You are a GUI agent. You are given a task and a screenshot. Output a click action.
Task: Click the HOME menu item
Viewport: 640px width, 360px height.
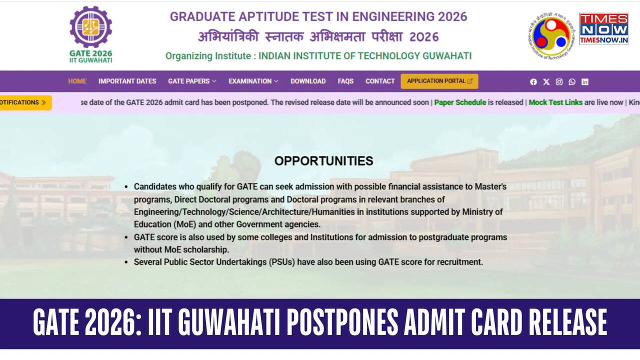(77, 81)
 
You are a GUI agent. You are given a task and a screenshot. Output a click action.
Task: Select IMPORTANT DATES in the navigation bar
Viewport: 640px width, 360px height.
(127, 81)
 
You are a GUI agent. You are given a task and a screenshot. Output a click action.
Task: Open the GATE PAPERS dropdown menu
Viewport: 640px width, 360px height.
(192, 81)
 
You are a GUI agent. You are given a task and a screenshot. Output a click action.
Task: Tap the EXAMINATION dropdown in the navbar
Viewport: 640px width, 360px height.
(253, 81)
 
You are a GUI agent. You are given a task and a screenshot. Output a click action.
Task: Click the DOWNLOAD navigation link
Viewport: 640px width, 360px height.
(308, 81)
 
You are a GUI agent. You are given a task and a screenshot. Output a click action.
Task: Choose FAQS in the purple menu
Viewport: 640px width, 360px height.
(345, 81)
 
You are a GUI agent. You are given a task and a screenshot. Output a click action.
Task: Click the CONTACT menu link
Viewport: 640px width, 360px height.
(380, 81)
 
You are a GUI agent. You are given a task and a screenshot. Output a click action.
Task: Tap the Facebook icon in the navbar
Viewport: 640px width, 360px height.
(533, 82)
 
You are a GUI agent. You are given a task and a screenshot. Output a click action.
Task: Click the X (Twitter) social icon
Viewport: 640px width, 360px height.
(546, 82)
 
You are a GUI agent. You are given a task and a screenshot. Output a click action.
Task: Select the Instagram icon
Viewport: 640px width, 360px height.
(559, 82)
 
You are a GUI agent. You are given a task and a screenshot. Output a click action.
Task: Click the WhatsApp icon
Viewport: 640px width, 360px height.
(572, 82)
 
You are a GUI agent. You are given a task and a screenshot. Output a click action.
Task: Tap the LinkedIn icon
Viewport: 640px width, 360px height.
(584, 82)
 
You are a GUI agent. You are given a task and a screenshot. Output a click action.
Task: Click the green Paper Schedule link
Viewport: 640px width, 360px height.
(460, 102)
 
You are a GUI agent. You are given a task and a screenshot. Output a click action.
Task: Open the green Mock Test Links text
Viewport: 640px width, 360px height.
(555, 102)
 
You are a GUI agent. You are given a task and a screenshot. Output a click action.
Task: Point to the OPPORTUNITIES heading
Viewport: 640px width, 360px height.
(323, 161)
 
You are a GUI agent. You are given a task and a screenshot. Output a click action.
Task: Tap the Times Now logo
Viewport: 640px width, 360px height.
(603, 29)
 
